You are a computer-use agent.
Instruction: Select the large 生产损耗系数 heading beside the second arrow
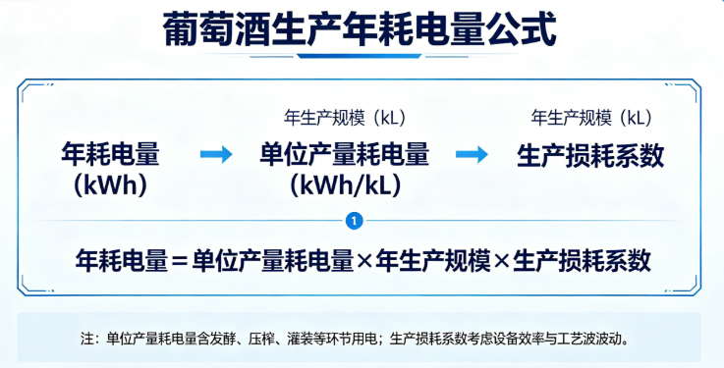click(x=590, y=155)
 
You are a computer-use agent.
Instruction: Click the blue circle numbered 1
click(x=354, y=221)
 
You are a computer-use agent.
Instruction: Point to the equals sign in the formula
click(x=178, y=261)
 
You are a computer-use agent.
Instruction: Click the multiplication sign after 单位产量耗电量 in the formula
click(x=365, y=261)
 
